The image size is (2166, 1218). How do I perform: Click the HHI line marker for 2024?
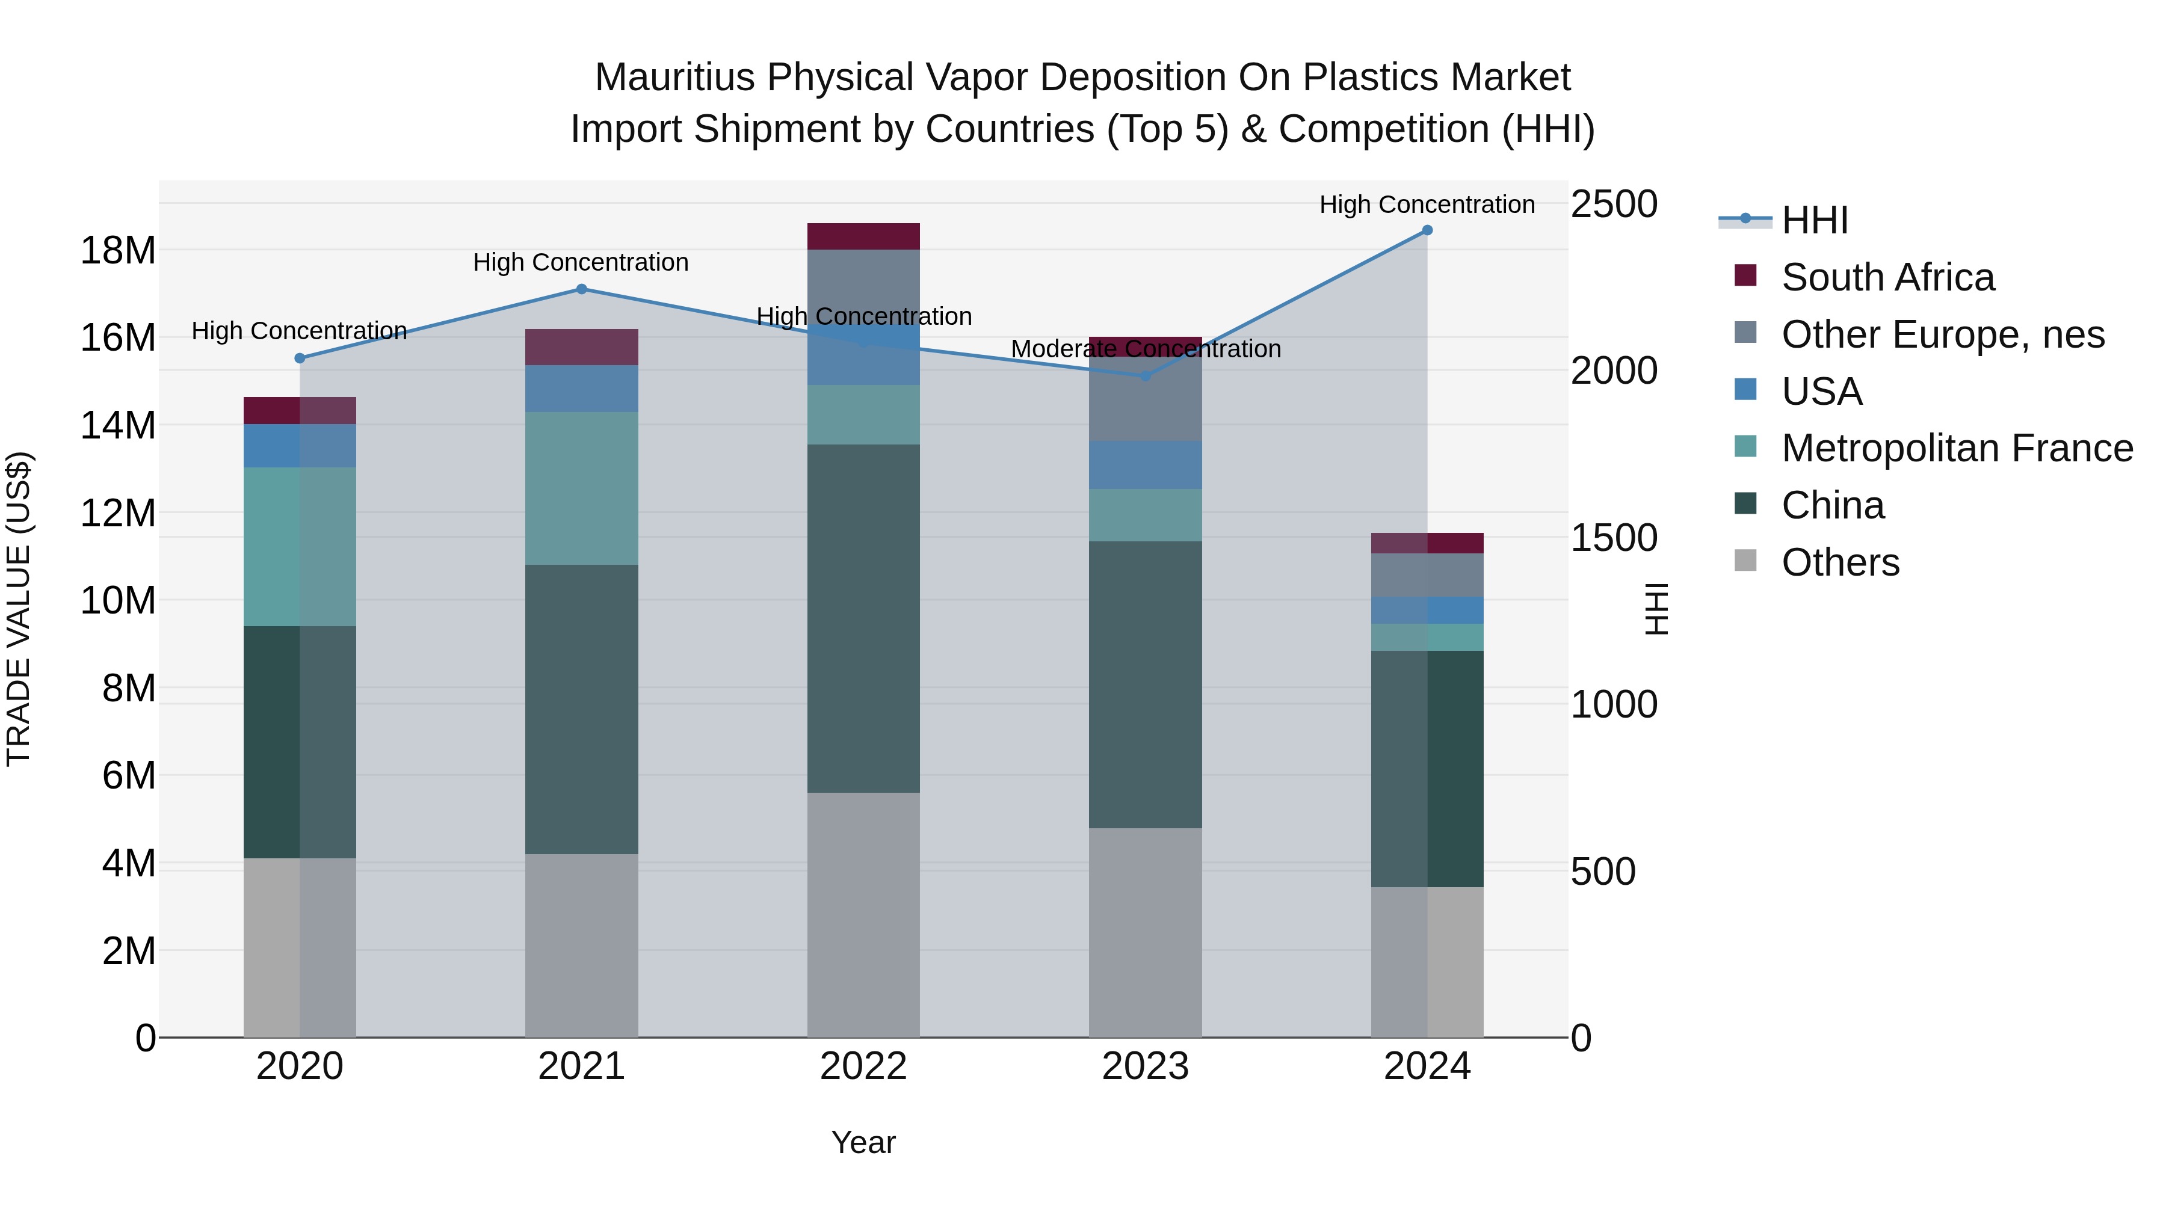point(1427,230)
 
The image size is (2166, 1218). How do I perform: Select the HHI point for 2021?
point(581,289)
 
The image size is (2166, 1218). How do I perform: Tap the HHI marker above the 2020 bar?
point(300,358)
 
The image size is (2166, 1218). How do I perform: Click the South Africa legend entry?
point(1887,277)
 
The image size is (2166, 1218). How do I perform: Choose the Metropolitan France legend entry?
point(1957,448)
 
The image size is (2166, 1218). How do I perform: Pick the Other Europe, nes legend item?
point(1942,334)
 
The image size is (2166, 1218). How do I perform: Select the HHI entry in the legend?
point(1815,220)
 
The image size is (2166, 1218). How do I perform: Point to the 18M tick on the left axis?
point(118,250)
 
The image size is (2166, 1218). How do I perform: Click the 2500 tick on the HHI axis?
point(1614,205)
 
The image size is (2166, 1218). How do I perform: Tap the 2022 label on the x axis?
point(863,1066)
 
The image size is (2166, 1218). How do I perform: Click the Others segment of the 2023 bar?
point(1145,932)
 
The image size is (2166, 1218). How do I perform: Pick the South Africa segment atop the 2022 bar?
point(863,236)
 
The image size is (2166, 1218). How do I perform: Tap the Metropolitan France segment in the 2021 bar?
point(581,488)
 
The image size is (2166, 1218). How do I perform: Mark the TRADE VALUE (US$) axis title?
point(19,609)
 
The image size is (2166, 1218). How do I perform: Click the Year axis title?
point(863,1142)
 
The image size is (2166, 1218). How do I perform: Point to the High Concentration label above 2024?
point(1427,205)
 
